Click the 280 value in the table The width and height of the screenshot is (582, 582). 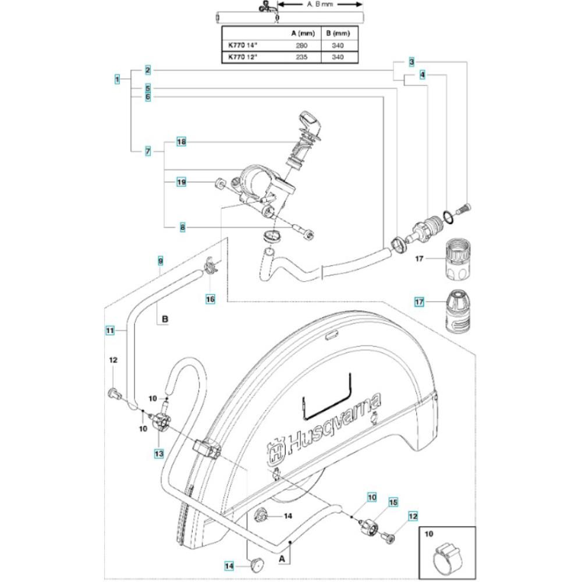tap(301, 45)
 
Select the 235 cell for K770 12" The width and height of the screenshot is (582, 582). tap(301, 57)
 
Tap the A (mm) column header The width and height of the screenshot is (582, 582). tap(303, 33)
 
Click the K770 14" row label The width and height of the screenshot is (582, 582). tap(242, 45)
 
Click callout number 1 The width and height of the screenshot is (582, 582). tap(118, 79)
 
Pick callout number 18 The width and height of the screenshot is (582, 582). tap(181, 142)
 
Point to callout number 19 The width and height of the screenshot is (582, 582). tap(181, 182)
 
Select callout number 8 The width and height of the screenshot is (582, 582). tap(182, 227)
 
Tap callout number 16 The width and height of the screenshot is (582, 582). tap(211, 299)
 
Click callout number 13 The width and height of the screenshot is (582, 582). tap(159, 453)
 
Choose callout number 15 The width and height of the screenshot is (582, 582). tap(393, 502)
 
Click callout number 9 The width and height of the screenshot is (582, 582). tap(161, 261)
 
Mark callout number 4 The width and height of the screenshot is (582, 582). tap(422, 75)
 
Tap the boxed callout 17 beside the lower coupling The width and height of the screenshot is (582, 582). tap(419, 301)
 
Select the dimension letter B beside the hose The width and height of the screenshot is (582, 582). tap(165, 319)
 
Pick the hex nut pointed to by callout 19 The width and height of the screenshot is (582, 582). tap(219, 183)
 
